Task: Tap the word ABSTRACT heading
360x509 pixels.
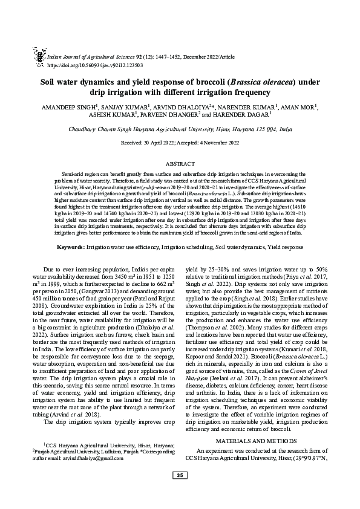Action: pos(180,163)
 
